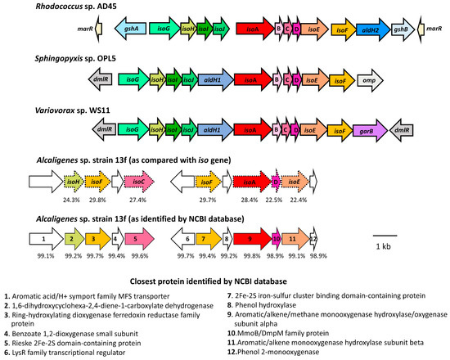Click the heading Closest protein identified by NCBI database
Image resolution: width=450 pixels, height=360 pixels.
(224, 279)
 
